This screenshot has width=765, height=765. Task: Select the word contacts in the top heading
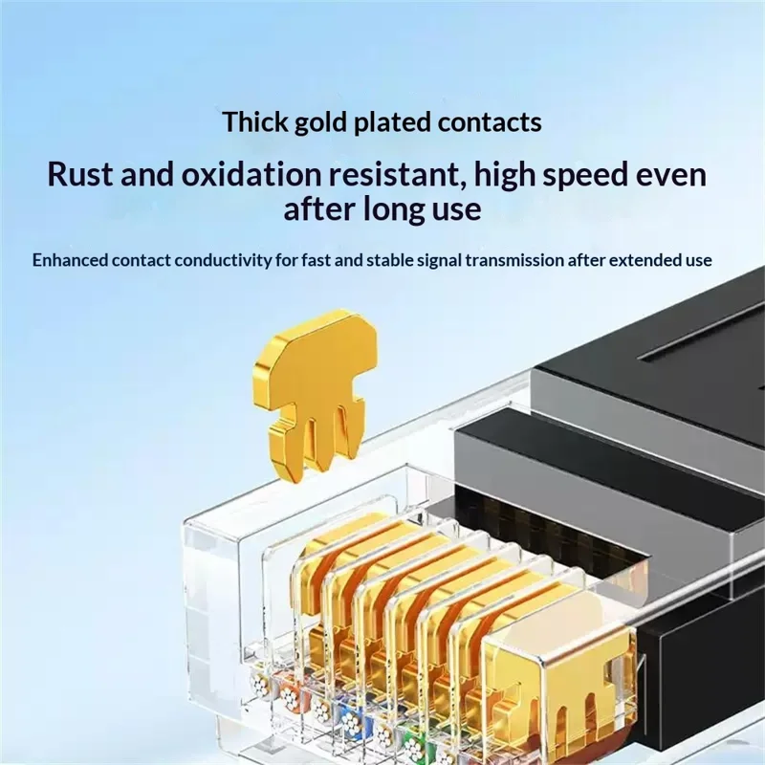pos(490,122)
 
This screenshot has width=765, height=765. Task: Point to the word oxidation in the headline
pos(251,174)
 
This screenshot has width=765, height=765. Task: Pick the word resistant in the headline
pos(395,174)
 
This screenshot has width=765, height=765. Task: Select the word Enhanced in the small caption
pos(70,260)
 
